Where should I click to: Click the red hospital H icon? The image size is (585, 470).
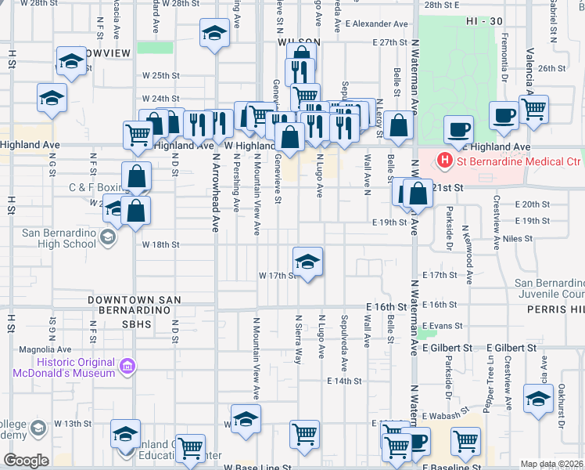[445, 162]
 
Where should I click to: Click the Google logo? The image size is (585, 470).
[26, 461]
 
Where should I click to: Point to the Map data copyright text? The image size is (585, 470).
[552, 464]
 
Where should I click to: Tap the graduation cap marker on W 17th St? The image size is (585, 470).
[308, 261]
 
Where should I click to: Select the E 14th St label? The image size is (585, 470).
[344, 381]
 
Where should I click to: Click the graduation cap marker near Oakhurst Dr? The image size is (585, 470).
[538, 399]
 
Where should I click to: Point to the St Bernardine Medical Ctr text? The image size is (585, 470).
[519, 162]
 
